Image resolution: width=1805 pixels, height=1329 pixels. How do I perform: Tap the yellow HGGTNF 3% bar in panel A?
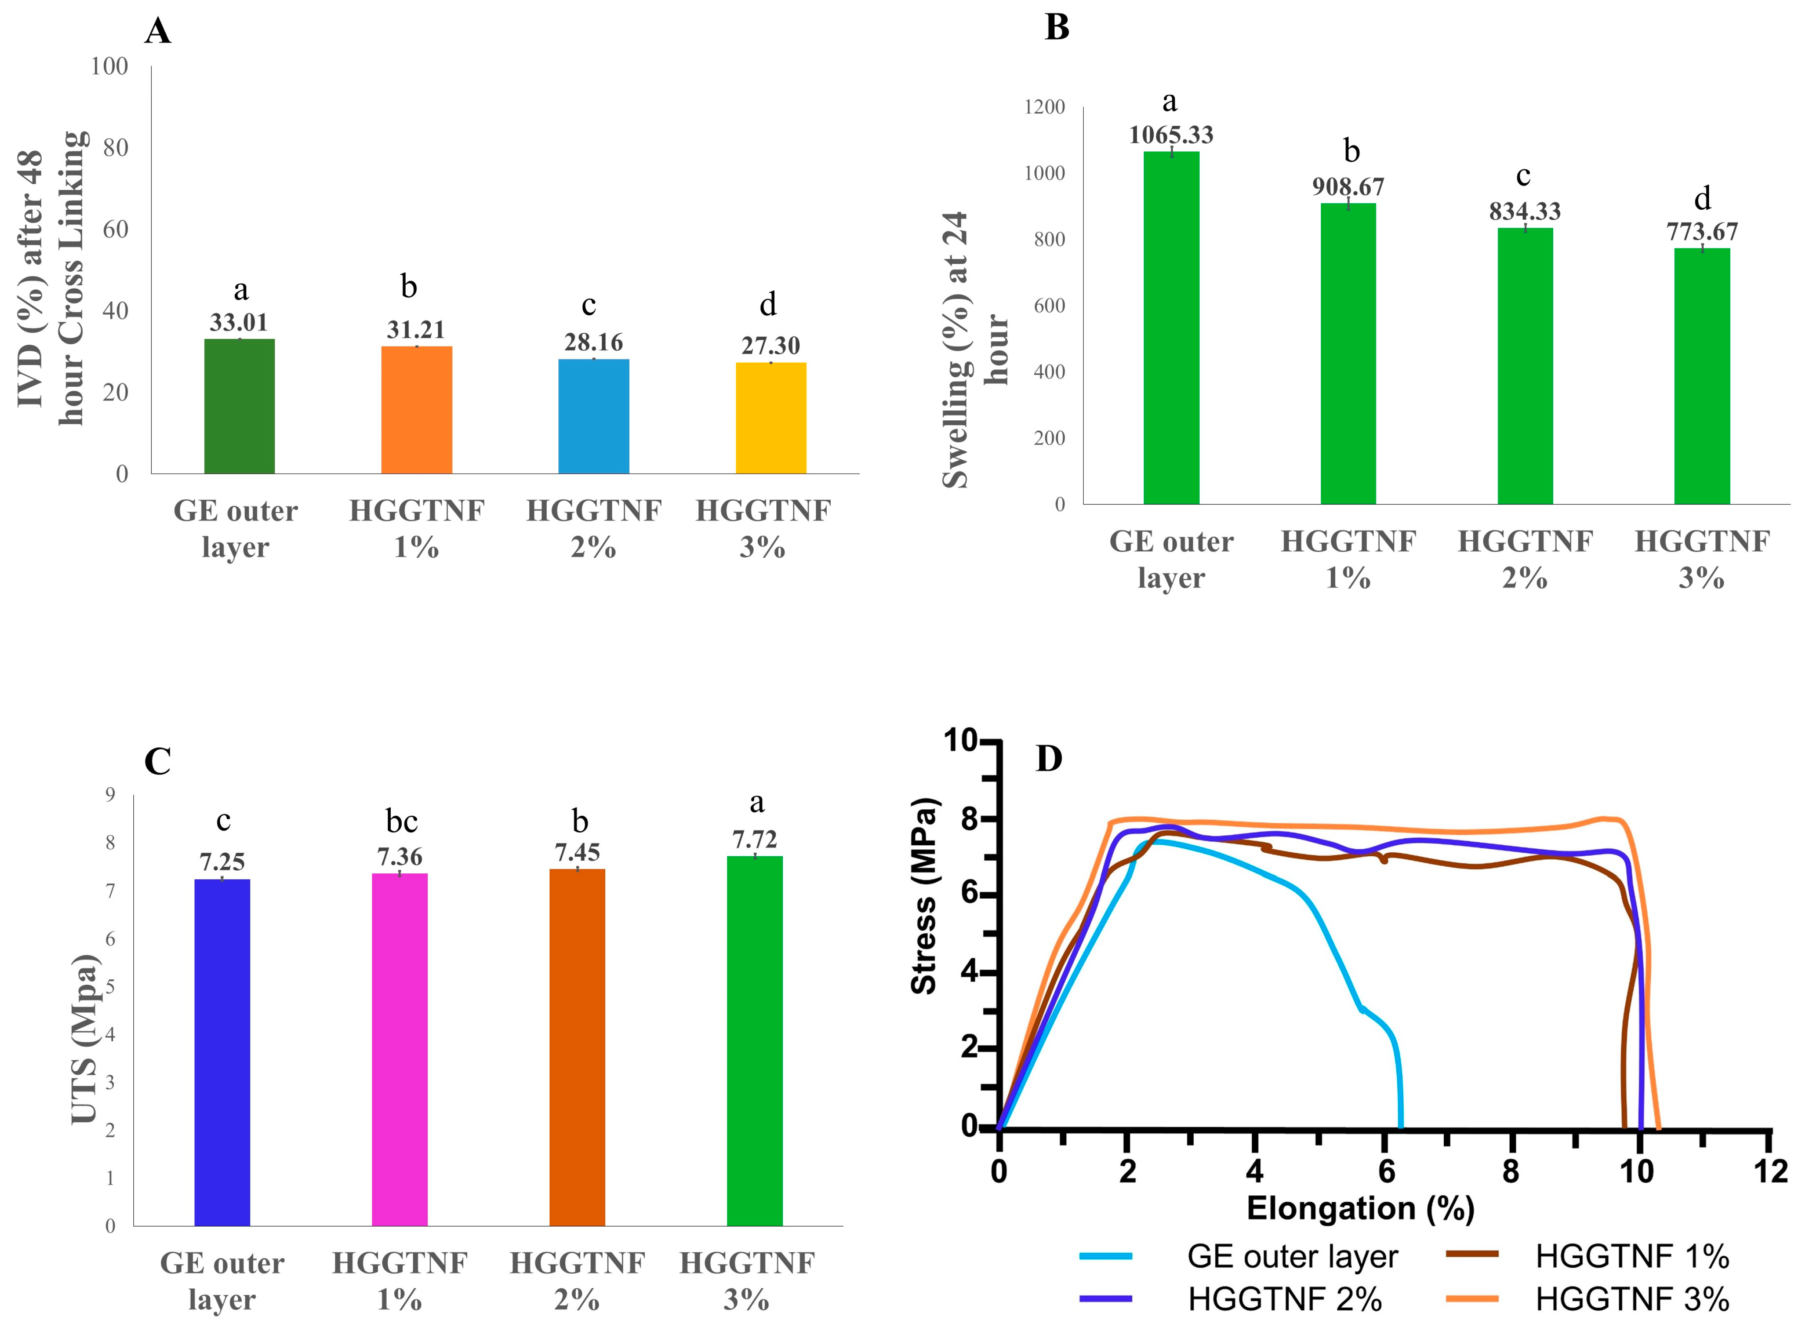(771, 419)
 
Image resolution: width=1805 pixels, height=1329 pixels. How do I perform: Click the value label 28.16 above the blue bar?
(594, 343)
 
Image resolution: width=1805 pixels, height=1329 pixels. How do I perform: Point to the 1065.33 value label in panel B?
(1171, 135)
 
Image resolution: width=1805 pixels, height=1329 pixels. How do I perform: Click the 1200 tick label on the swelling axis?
(1044, 107)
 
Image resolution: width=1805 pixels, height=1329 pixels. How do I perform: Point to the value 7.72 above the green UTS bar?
(755, 840)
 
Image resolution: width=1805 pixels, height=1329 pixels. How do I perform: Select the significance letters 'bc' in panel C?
(401, 821)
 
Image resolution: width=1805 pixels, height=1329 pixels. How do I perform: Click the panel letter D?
(1049, 758)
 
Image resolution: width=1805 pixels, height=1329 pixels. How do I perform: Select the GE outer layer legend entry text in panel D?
(1293, 1256)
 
